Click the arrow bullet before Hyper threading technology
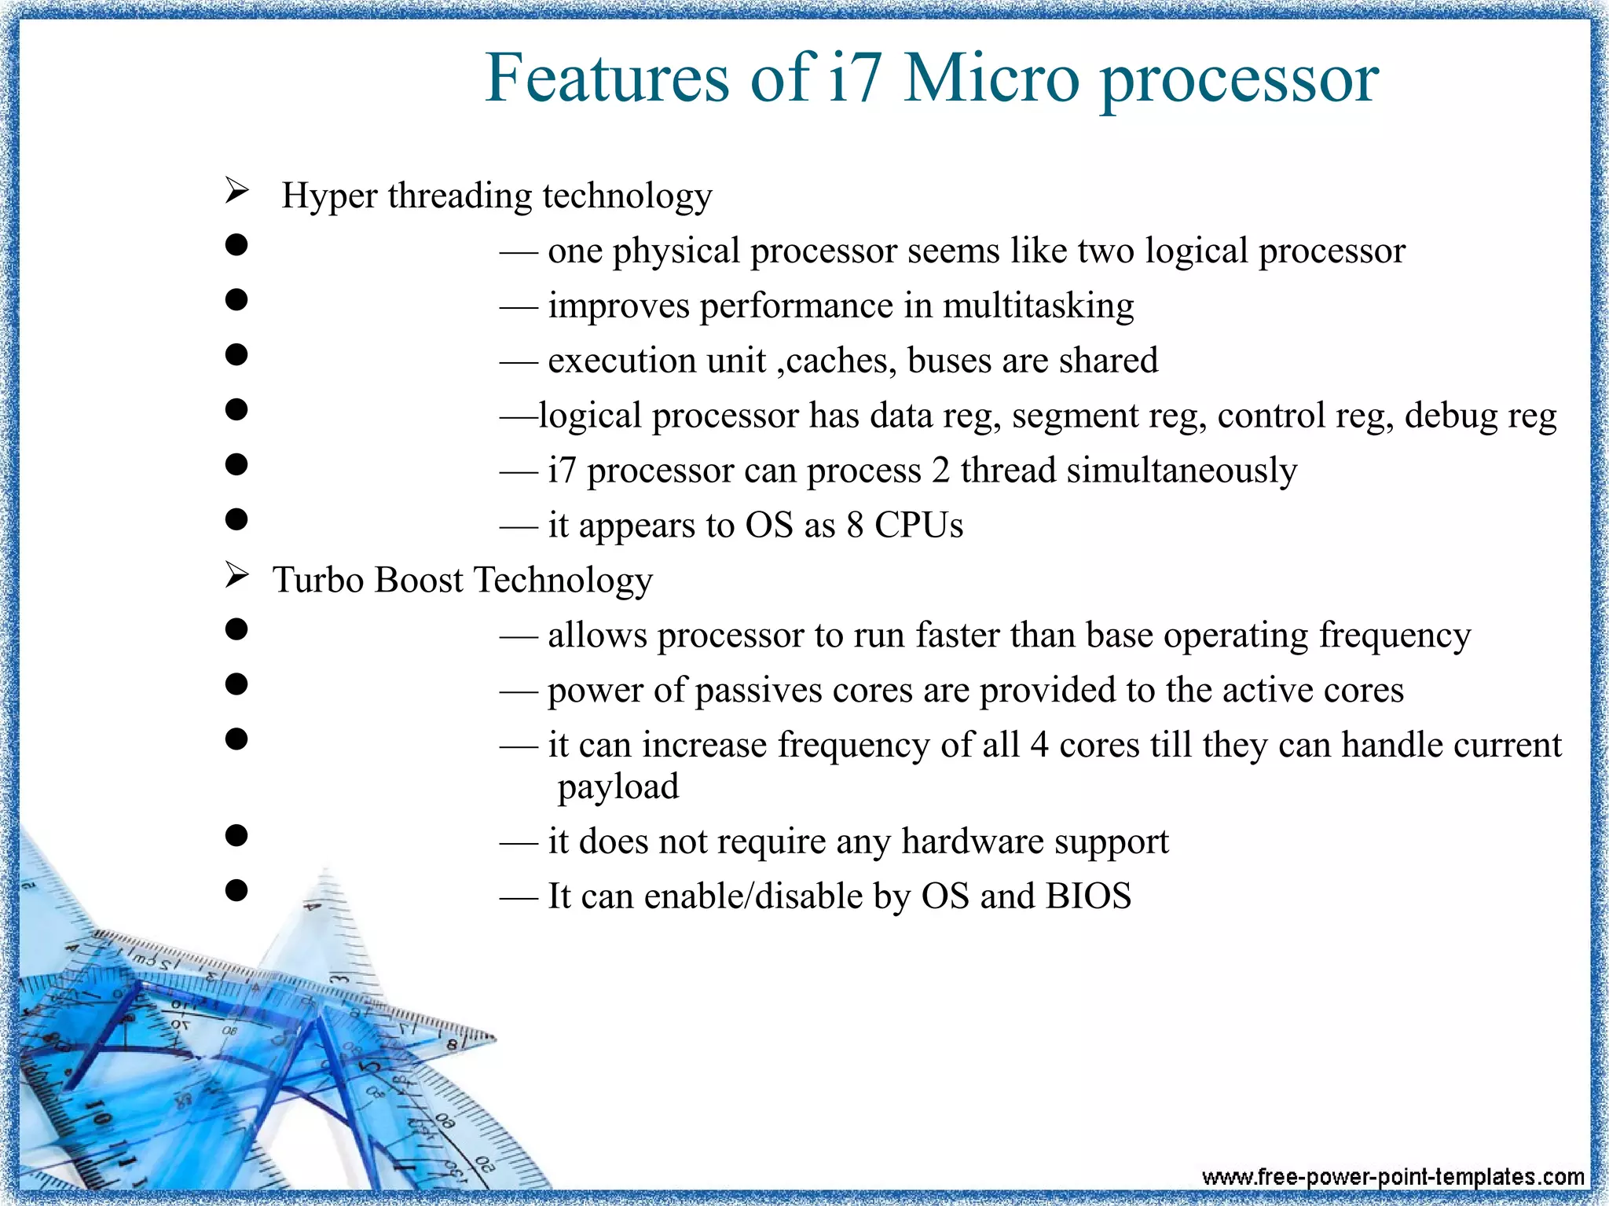(236, 191)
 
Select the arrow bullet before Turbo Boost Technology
(236, 576)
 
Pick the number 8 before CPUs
(855, 526)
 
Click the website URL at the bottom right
(1392, 1176)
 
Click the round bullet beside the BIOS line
(236, 890)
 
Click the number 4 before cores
(1039, 746)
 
